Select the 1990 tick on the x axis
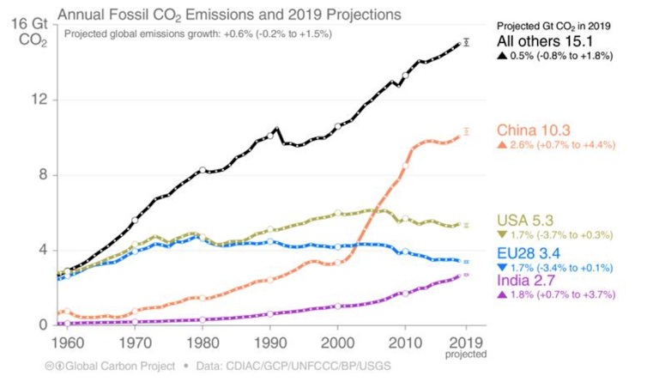click(269, 340)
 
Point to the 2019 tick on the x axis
click(466, 340)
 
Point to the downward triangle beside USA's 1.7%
click(502, 233)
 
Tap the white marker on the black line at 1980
click(203, 170)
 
